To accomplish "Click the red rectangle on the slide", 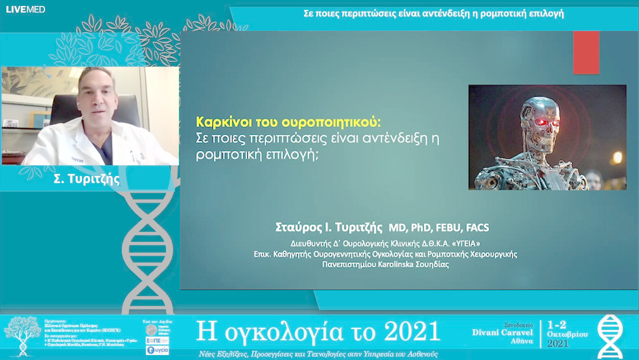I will [586, 52].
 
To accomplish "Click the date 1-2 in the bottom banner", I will [558, 325].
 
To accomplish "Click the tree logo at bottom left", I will [22, 335].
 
